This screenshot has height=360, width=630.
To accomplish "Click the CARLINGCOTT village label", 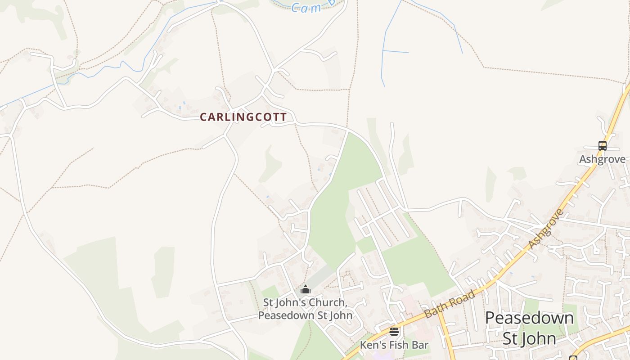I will click(243, 117).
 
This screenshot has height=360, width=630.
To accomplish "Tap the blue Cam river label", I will click(306, 8).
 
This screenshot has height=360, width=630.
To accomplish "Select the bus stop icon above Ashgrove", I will click(602, 146).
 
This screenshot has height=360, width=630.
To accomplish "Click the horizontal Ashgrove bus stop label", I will click(602, 159).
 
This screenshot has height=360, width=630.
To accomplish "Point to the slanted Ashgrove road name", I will click(546, 229).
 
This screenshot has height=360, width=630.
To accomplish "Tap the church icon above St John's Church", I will click(306, 289).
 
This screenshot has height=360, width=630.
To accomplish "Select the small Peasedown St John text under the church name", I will click(305, 315).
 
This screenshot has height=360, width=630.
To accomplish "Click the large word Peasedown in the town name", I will click(529, 318).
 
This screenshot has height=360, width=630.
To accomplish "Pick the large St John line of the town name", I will click(529, 338).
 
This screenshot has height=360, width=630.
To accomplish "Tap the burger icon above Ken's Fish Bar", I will click(394, 332).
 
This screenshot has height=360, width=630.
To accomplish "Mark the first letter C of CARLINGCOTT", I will click(203, 117).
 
